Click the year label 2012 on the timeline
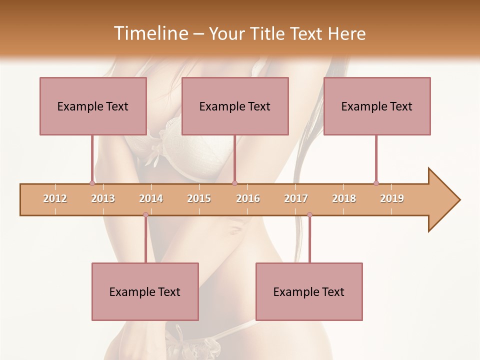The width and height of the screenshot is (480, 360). (55, 198)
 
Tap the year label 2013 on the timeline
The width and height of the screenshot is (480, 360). (103, 198)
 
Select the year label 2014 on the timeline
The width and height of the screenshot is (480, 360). (151, 198)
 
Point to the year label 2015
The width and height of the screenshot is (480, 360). (199, 198)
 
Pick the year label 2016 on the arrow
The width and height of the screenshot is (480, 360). (248, 198)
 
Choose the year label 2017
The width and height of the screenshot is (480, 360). (296, 198)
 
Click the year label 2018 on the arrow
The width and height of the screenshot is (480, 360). (344, 198)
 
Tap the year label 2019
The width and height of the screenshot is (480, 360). (392, 198)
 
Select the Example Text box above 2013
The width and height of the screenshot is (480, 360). (93, 106)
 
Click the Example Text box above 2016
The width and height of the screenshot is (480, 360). (235, 106)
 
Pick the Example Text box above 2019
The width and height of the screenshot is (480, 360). (377, 106)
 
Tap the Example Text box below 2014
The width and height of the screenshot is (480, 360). (145, 291)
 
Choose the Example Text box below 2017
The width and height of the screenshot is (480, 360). (309, 291)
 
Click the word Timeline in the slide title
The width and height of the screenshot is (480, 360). (149, 33)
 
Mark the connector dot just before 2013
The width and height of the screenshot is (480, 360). (92, 183)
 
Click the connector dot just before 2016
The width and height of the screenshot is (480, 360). (234, 183)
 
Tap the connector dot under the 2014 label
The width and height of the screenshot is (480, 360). (145, 214)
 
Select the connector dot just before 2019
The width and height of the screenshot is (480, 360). (376, 183)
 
